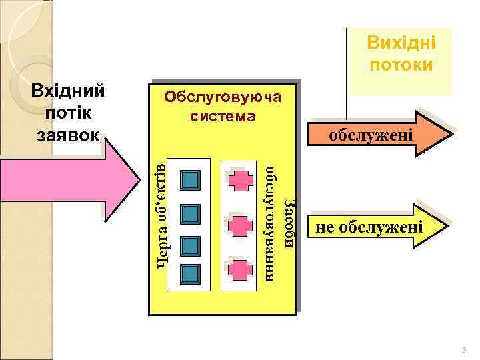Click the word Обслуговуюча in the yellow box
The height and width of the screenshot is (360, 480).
222,97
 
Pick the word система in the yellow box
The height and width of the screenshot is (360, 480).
222,117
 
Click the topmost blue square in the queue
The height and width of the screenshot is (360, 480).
191,180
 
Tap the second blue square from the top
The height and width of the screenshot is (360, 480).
191,213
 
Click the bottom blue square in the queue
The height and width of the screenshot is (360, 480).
191,273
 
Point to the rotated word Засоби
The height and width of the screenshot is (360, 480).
288,223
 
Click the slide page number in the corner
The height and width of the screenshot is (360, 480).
464,350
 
